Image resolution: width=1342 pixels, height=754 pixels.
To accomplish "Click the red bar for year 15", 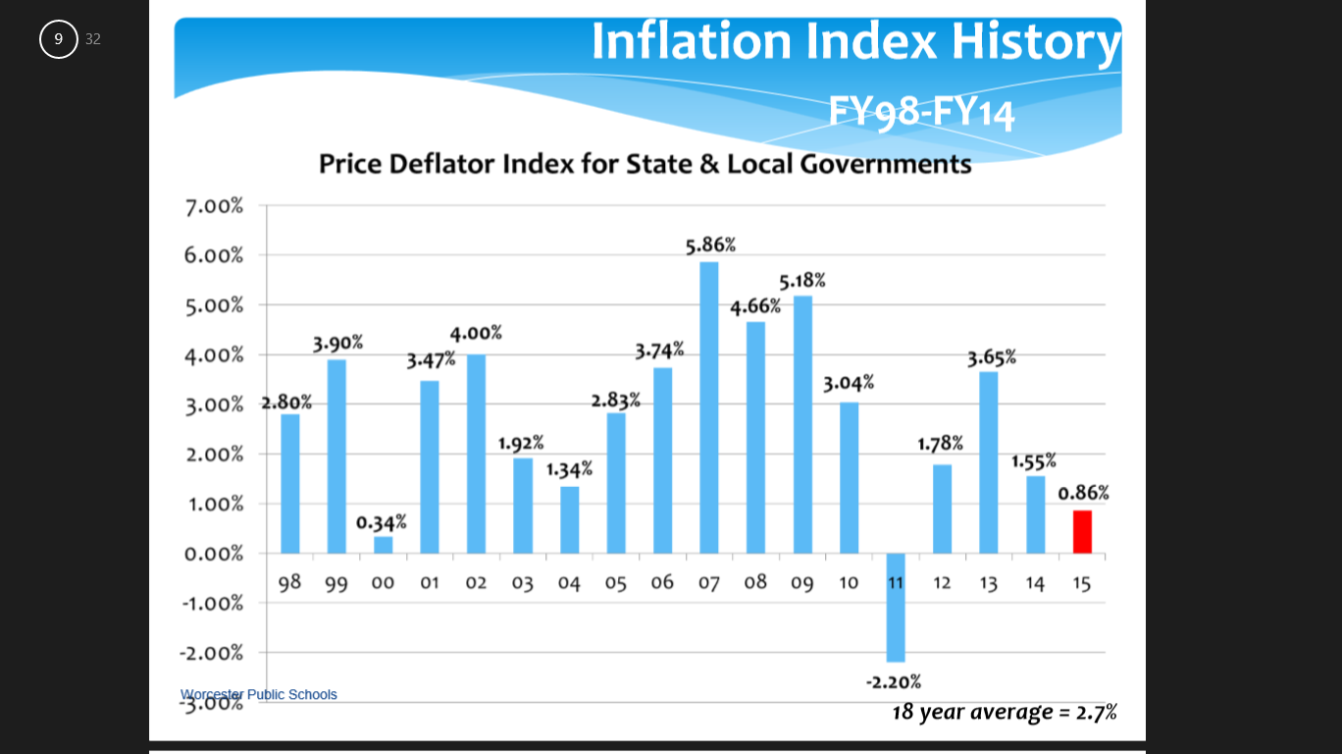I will (1082, 531).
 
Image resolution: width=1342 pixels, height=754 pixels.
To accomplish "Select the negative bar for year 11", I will (896, 607).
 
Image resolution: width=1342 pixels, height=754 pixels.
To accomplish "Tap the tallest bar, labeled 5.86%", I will (709, 407).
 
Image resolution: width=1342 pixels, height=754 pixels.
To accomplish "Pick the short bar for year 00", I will (383, 545).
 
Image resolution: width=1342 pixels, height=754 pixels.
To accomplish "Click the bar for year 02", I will (476, 454).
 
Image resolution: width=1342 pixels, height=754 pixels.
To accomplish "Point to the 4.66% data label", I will (755, 306).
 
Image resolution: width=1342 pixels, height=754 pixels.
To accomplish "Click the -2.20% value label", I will (893, 681).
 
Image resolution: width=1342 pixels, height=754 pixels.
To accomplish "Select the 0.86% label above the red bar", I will (1083, 493).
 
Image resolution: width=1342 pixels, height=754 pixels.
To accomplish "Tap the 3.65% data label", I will (992, 357).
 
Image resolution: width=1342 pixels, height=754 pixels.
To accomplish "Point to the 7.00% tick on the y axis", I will (213, 206).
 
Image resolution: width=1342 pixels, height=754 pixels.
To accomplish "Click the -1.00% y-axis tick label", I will (212, 603).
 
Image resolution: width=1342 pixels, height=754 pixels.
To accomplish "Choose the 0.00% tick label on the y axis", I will (213, 554).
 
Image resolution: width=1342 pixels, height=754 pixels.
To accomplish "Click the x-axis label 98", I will (289, 583).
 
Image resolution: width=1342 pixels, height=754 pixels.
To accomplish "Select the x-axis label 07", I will (709, 583).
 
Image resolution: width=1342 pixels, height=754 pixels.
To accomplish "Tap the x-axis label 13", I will (989, 583).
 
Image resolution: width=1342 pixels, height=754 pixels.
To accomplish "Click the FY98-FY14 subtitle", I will (921, 111).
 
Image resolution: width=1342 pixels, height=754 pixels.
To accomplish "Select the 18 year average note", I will (1004, 712).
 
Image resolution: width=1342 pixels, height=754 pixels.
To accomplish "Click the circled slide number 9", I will (59, 39).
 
